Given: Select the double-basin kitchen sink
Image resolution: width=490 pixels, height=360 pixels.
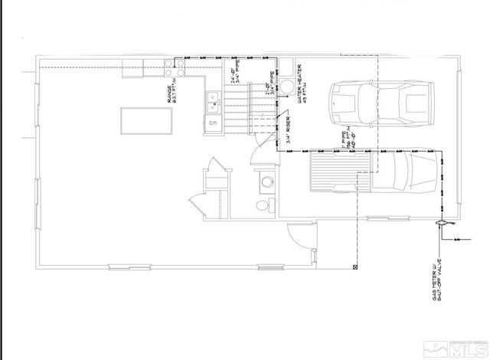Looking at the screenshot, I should tap(213, 99).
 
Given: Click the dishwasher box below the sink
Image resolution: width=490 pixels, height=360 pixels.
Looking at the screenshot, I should tap(213, 120).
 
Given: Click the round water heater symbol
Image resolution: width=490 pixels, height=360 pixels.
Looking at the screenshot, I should tap(285, 85).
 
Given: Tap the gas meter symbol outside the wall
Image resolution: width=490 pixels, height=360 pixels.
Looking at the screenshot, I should tap(442, 223).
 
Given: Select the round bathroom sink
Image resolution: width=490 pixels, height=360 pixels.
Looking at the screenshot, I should tap(267, 182).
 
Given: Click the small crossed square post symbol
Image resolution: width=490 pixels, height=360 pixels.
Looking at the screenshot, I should tap(355, 267).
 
